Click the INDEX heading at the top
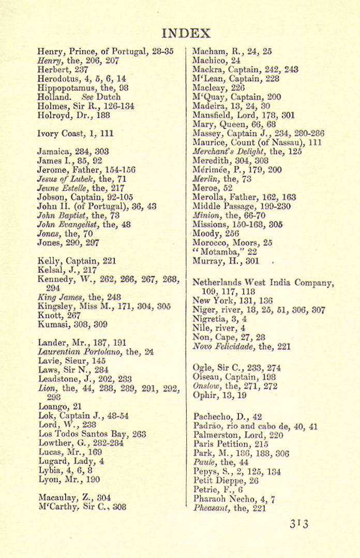point(186,34)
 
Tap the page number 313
point(298,524)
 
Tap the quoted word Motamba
point(218,252)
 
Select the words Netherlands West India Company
point(263,283)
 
